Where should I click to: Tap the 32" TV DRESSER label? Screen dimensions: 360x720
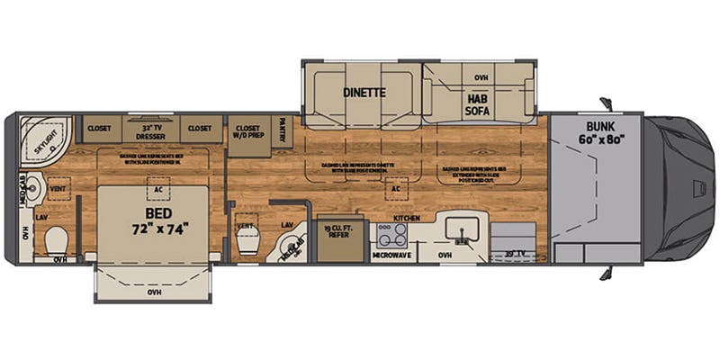(145, 128)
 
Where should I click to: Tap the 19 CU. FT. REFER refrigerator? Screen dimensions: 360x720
(337, 238)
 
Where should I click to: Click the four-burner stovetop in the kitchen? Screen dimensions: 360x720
(391, 236)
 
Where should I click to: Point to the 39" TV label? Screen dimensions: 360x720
(516, 255)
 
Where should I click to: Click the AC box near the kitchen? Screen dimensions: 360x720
(394, 189)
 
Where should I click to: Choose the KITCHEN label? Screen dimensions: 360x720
(407, 218)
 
